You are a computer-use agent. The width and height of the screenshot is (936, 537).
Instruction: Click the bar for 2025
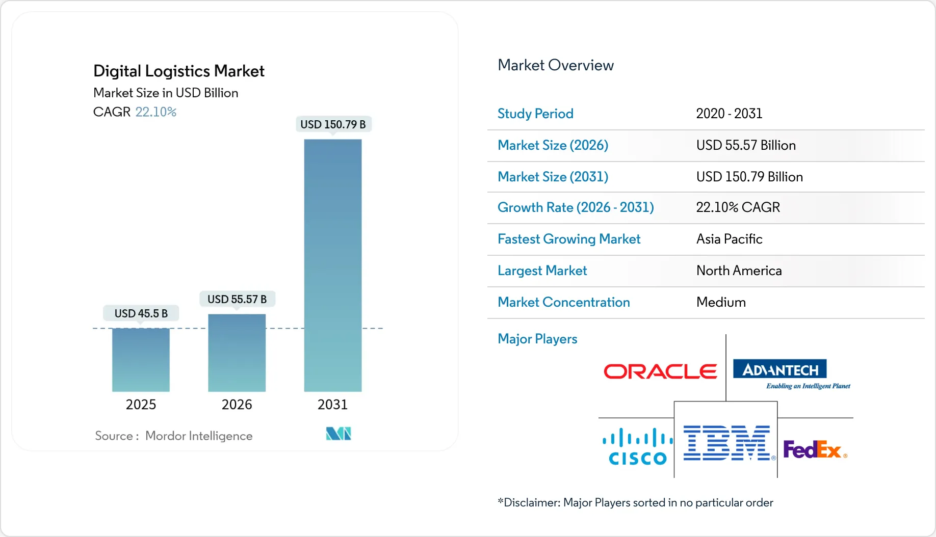141,360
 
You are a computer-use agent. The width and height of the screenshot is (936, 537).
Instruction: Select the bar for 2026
237,353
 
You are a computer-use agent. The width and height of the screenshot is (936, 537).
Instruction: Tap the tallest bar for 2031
332,265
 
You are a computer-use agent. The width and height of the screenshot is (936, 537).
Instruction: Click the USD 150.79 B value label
333,124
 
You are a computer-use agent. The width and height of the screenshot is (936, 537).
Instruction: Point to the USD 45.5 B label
141,313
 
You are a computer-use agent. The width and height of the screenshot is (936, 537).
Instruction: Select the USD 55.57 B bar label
237,299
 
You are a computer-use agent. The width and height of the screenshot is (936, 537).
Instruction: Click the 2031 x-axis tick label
332,405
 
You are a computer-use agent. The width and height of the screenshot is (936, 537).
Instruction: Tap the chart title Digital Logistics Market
178,71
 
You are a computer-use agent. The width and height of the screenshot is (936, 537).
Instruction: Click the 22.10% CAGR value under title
155,112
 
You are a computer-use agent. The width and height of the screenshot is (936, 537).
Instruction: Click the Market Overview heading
555,65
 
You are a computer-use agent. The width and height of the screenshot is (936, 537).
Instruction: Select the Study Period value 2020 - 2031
729,114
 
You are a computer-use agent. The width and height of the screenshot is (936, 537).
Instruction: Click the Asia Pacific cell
729,239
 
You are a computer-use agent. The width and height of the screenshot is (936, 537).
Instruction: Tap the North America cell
738,271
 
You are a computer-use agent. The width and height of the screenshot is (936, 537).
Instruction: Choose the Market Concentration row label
563,302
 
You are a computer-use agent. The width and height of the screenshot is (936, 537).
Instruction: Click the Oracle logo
660,371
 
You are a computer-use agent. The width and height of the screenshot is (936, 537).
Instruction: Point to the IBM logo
726,443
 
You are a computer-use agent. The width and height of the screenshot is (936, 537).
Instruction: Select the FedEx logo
814,449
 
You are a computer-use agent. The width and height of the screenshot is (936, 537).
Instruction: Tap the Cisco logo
637,447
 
